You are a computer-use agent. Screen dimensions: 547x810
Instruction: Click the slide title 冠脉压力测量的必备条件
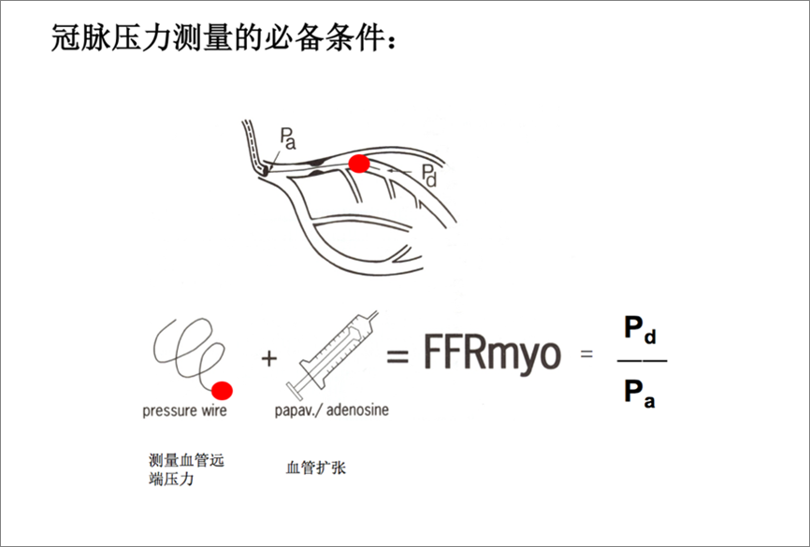[x=229, y=38]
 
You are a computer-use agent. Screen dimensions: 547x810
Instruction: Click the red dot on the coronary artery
[x=358, y=165]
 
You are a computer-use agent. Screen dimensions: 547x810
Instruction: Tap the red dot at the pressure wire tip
[x=223, y=390]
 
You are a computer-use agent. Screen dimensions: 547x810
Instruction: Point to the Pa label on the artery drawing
[x=287, y=141]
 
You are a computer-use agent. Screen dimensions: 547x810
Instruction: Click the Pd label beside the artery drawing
[x=427, y=174]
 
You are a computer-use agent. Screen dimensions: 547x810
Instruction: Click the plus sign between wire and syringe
[x=268, y=358]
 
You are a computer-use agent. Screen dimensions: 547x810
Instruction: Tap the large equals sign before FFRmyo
[x=399, y=356]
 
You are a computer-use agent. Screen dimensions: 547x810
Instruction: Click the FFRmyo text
[x=492, y=354]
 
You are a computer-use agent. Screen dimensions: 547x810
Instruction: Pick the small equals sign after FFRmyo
[x=587, y=354]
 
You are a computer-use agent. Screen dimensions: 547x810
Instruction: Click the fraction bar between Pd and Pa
[x=643, y=361]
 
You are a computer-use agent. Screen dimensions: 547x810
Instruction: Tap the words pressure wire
[x=184, y=410]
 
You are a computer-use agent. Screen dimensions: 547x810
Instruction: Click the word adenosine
[x=357, y=410]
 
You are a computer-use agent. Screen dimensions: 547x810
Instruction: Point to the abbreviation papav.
[x=297, y=410]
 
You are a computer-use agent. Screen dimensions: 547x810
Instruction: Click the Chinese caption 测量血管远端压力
[x=186, y=470]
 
